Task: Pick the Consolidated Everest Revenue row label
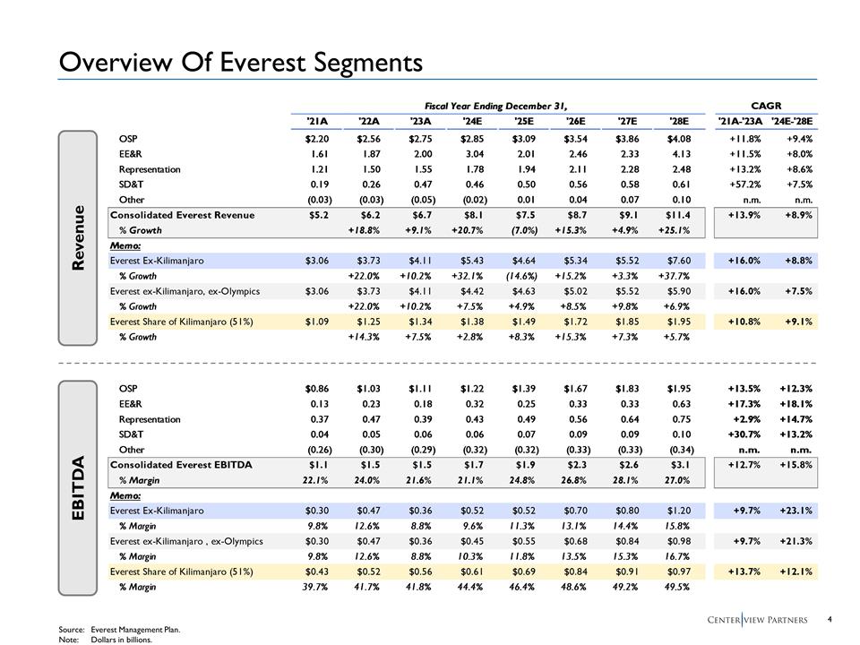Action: click(182, 215)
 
